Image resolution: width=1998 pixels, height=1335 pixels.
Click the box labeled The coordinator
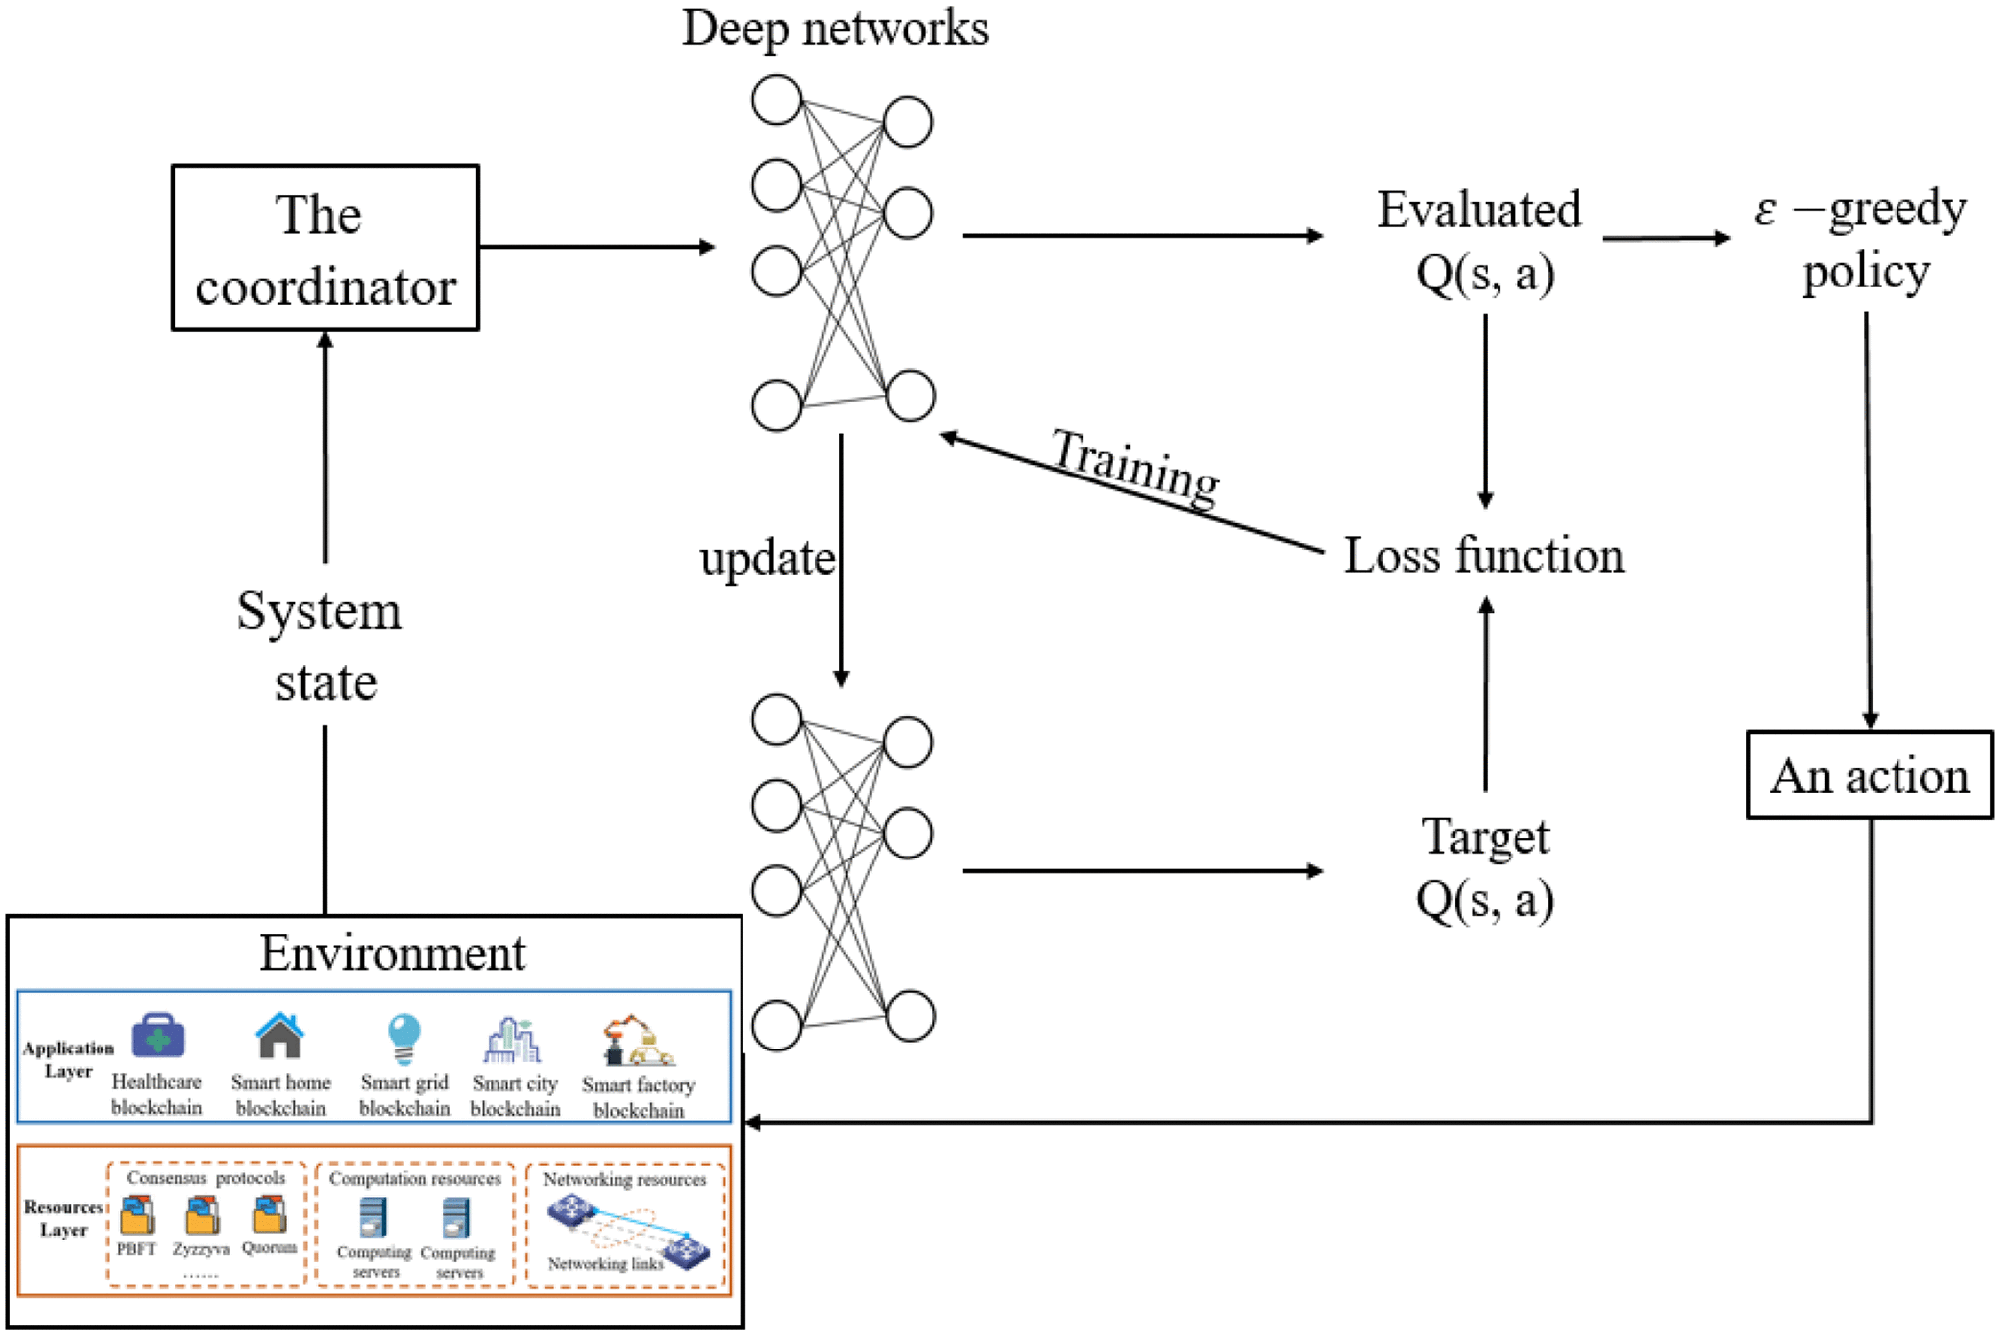tap(324, 248)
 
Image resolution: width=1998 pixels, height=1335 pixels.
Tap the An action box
tap(1869, 775)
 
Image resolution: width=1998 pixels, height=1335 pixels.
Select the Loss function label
tap(1483, 555)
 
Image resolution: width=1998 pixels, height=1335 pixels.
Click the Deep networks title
tap(835, 28)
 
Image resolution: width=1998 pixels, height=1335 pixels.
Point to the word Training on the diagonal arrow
tap(1134, 465)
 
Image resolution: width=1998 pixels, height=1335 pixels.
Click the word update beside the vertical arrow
tap(766, 558)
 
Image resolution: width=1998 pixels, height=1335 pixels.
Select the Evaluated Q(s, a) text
tap(1481, 240)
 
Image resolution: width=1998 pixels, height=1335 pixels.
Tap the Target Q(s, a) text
tap(1485, 867)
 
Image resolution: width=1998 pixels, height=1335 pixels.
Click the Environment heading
tap(392, 953)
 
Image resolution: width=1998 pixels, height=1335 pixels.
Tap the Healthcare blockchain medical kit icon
tap(157, 1036)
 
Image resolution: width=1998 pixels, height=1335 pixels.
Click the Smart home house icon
tap(280, 1036)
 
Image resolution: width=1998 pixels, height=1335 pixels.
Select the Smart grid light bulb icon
tap(403, 1038)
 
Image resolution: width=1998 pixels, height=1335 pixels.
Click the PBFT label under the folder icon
tap(136, 1248)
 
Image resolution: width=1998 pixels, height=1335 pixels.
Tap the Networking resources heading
tap(625, 1179)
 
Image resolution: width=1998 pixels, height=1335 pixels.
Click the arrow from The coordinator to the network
tap(597, 247)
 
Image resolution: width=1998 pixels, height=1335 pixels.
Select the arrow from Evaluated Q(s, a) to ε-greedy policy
tap(1667, 238)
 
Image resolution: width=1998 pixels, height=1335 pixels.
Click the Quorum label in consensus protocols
tap(269, 1247)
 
